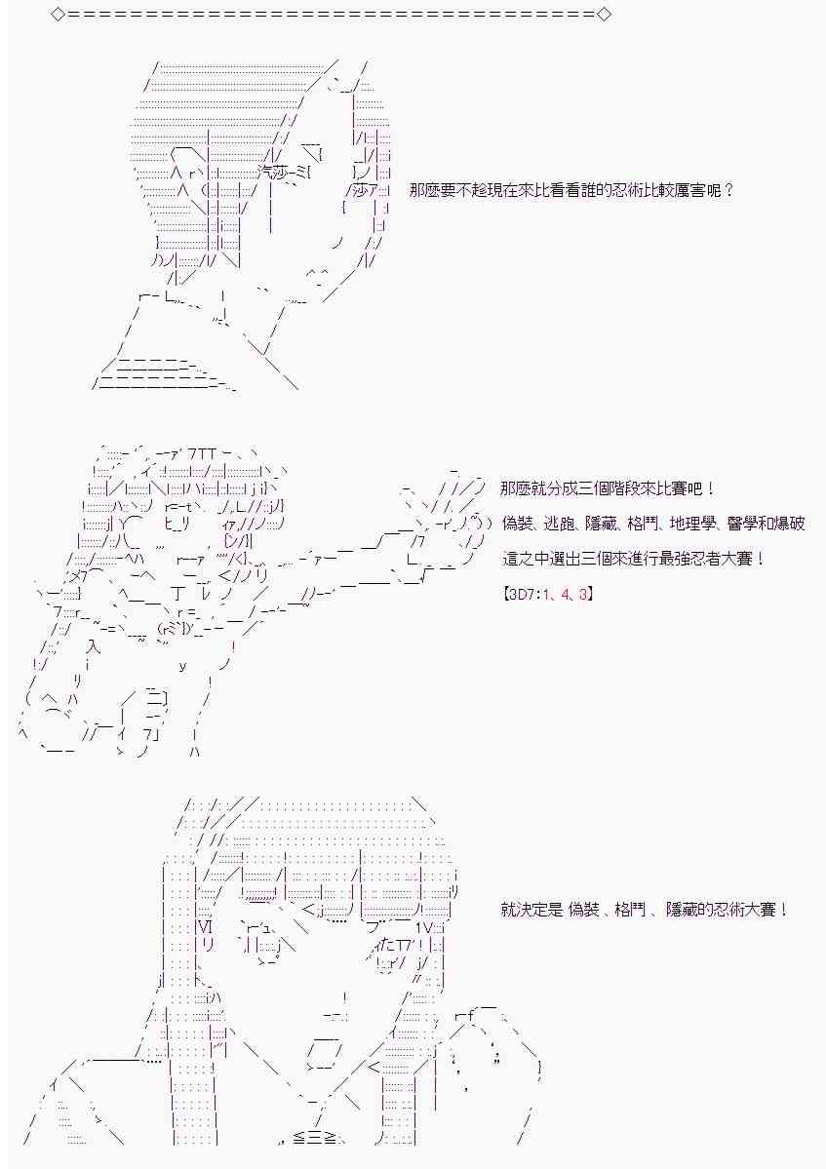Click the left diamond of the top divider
click(x=59, y=15)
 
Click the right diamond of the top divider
click(x=604, y=15)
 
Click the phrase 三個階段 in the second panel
click(x=604, y=489)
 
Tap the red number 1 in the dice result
click(x=545, y=594)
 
